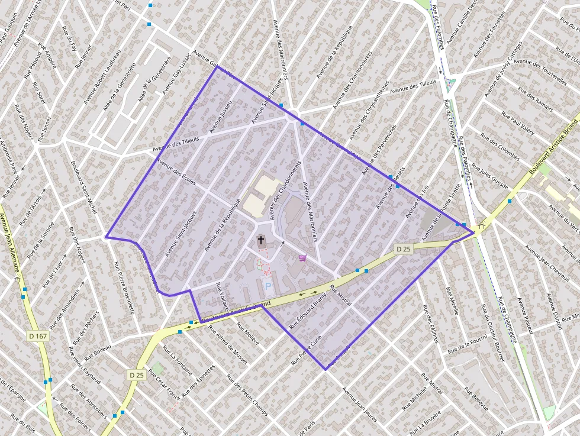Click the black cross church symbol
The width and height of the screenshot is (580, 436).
click(261, 240)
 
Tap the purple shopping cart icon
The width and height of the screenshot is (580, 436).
click(303, 258)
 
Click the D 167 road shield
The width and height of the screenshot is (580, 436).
click(37, 336)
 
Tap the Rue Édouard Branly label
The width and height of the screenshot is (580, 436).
click(307, 310)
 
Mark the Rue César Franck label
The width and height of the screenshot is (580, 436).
click(163, 385)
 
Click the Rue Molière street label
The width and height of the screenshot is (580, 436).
click(248, 334)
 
